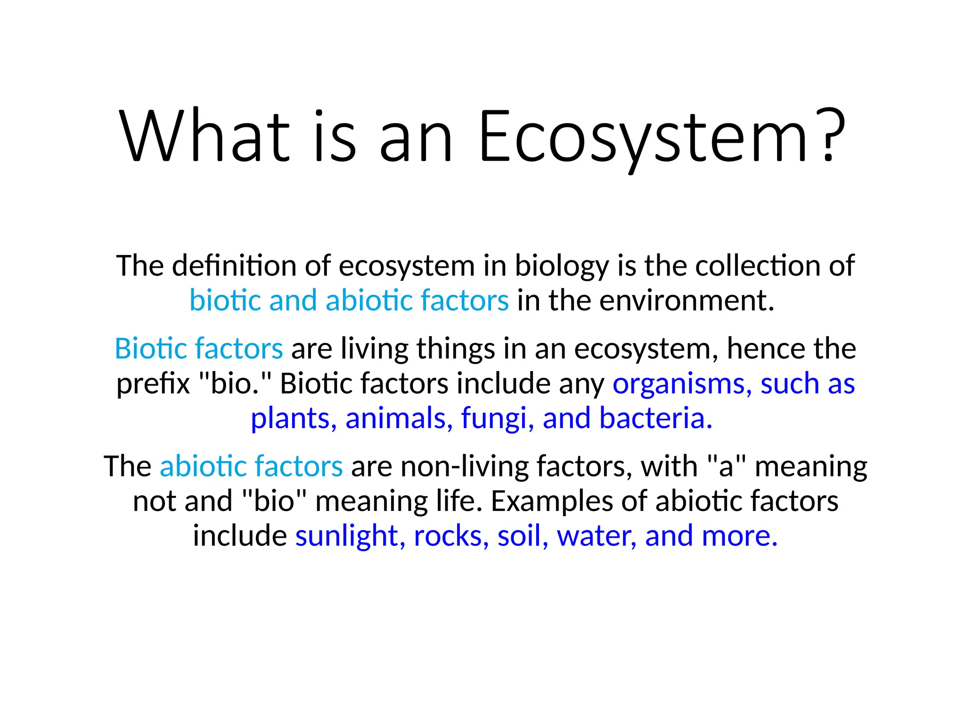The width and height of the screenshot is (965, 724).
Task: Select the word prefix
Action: pyautogui.click(x=153, y=384)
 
